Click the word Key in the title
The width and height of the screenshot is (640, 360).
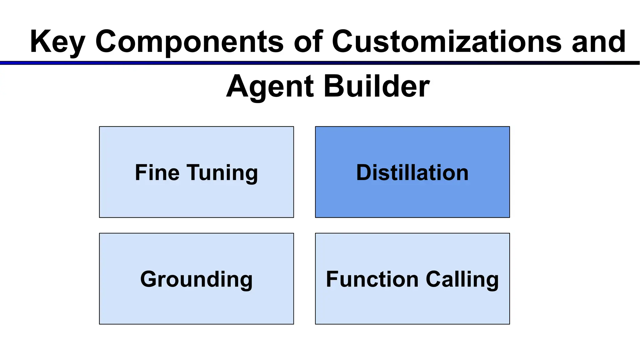[x=57, y=42]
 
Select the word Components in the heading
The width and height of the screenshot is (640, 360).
[x=189, y=42]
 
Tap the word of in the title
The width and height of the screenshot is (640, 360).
[x=308, y=42]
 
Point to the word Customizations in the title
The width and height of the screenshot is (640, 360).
[x=447, y=42]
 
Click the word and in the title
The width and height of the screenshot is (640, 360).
[x=599, y=42]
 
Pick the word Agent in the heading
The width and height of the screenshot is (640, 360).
[x=270, y=87]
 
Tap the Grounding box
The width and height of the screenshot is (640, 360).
[x=196, y=306]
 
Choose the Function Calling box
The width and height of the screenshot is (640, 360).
[x=412, y=306]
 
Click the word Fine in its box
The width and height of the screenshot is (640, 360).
[x=157, y=172]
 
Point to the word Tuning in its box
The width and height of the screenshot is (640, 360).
[x=222, y=173]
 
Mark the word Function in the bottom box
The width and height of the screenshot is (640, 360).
[x=372, y=279]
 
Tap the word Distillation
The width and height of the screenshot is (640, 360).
[x=412, y=172]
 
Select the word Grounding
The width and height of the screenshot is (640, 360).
[x=196, y=279]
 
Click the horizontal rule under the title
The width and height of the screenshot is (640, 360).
[x=320, y=63]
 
